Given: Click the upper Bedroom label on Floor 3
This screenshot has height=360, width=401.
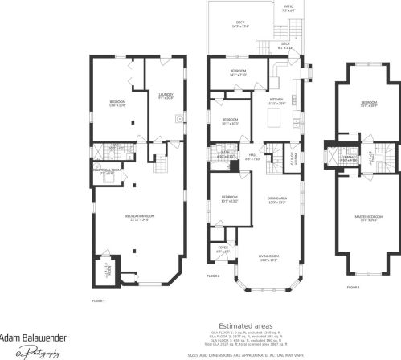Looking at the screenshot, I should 369,104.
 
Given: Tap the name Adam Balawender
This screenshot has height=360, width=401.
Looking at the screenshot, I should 32,337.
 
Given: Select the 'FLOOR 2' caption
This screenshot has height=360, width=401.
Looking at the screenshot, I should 213,276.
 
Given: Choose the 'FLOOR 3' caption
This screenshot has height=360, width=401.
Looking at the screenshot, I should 353,287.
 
